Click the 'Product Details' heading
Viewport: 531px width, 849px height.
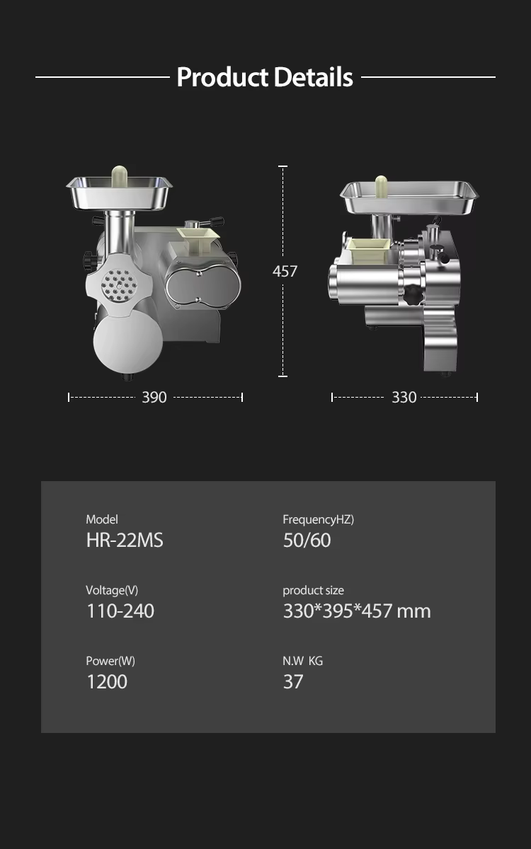(x=265, y=77)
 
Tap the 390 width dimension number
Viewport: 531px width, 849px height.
(x=154, y=397)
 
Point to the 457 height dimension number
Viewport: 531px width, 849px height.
(x=285, y=271)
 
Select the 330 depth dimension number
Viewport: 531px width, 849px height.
(x=404, y=397)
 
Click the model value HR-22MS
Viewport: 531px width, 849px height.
(x=125, y=540)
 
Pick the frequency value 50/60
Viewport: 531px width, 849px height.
(x=307, y=540)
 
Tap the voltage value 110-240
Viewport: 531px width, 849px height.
(x=120, y=611)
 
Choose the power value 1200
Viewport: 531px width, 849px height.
(x=108, y=682)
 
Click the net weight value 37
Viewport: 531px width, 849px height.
(x=293, y=682)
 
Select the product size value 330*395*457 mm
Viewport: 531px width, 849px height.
(x=357, y=611)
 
